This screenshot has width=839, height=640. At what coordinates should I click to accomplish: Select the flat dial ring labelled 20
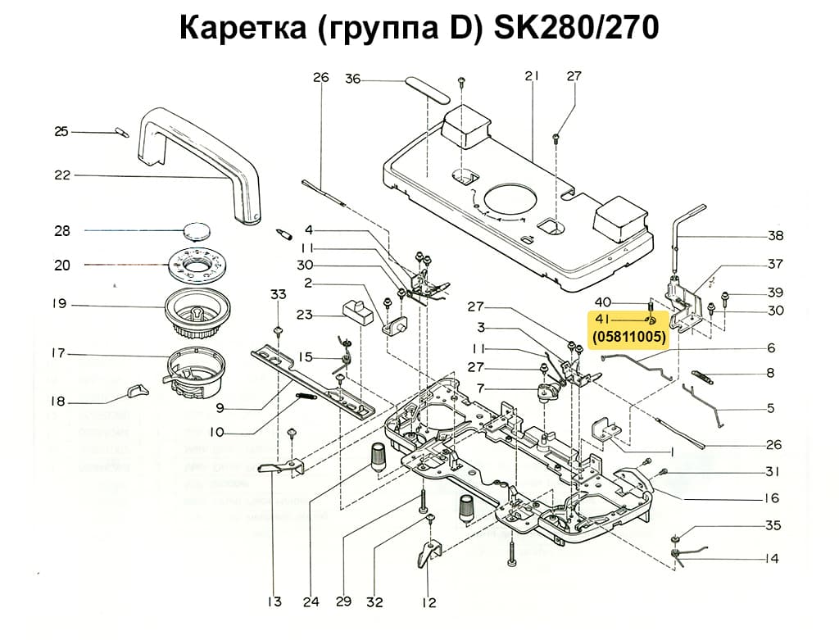pyautogui.click(x=198, y=266)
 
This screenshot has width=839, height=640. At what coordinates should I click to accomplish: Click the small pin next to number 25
pyautogui.click(x=120, y=131)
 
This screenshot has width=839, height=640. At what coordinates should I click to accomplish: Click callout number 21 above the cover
pyautogui.click(x=531, y=77)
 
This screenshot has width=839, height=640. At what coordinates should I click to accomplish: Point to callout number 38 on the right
pyautogui.click(x=775, y=236)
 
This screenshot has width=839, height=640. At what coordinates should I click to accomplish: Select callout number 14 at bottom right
pyautogui.click(x=771, y=559)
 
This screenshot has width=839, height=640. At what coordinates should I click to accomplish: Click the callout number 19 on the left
pyautogui.click(x=59, y=304)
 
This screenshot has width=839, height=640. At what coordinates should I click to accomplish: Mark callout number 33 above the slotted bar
pyautogui.click(x=279, y=294)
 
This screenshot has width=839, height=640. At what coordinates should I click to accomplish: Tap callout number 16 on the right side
pyautogui.click(x=771, y=498)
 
